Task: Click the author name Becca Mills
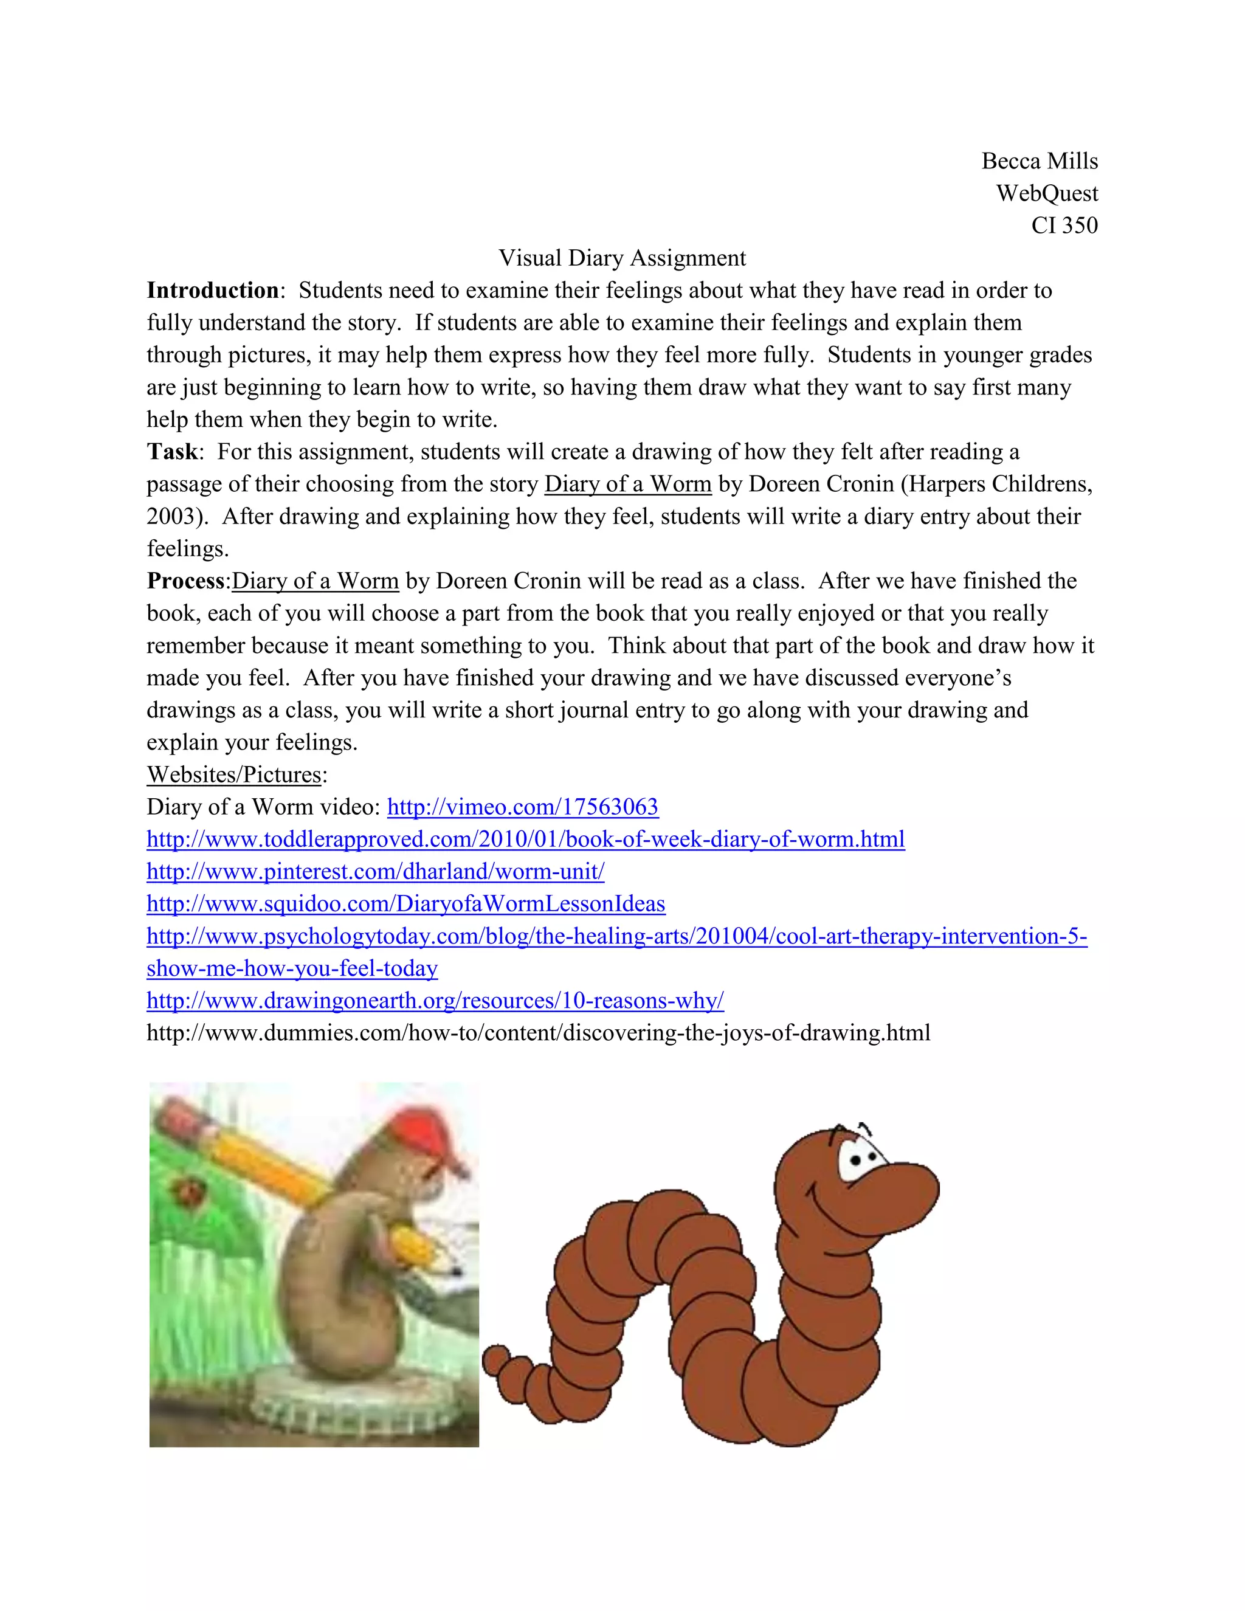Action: point(1038,161)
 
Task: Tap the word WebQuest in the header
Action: point(1047,193)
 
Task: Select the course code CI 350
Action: point(1064,225)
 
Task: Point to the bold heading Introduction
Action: point(212,290)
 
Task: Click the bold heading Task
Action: point(172,452)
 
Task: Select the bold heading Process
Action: point(185,581)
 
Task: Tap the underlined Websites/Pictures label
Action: point(235,774)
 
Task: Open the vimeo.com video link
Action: point(522,807)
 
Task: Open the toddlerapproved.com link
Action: point(525,840)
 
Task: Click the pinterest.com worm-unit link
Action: point(376,872)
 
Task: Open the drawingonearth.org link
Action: point(435,1001)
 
